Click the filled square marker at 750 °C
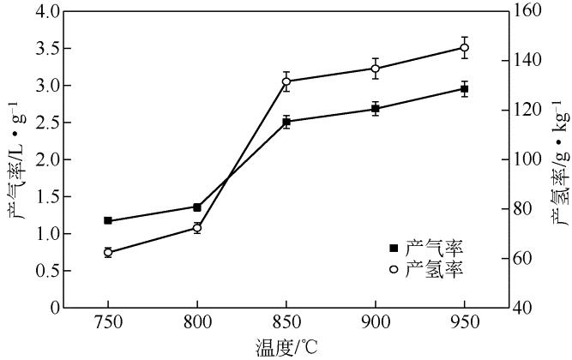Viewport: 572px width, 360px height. point(108,220)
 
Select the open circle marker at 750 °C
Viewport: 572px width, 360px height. point(108,252)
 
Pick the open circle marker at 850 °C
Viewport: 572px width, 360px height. point(286,81)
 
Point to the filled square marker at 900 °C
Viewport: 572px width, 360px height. point(376,109)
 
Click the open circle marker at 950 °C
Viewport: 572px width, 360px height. point(465,47)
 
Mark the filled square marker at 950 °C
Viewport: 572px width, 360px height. point(465,89)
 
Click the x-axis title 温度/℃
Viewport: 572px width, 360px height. point(286,349)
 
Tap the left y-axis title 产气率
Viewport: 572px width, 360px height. point(15,159)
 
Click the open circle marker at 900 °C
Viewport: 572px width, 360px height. point(376,69)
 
